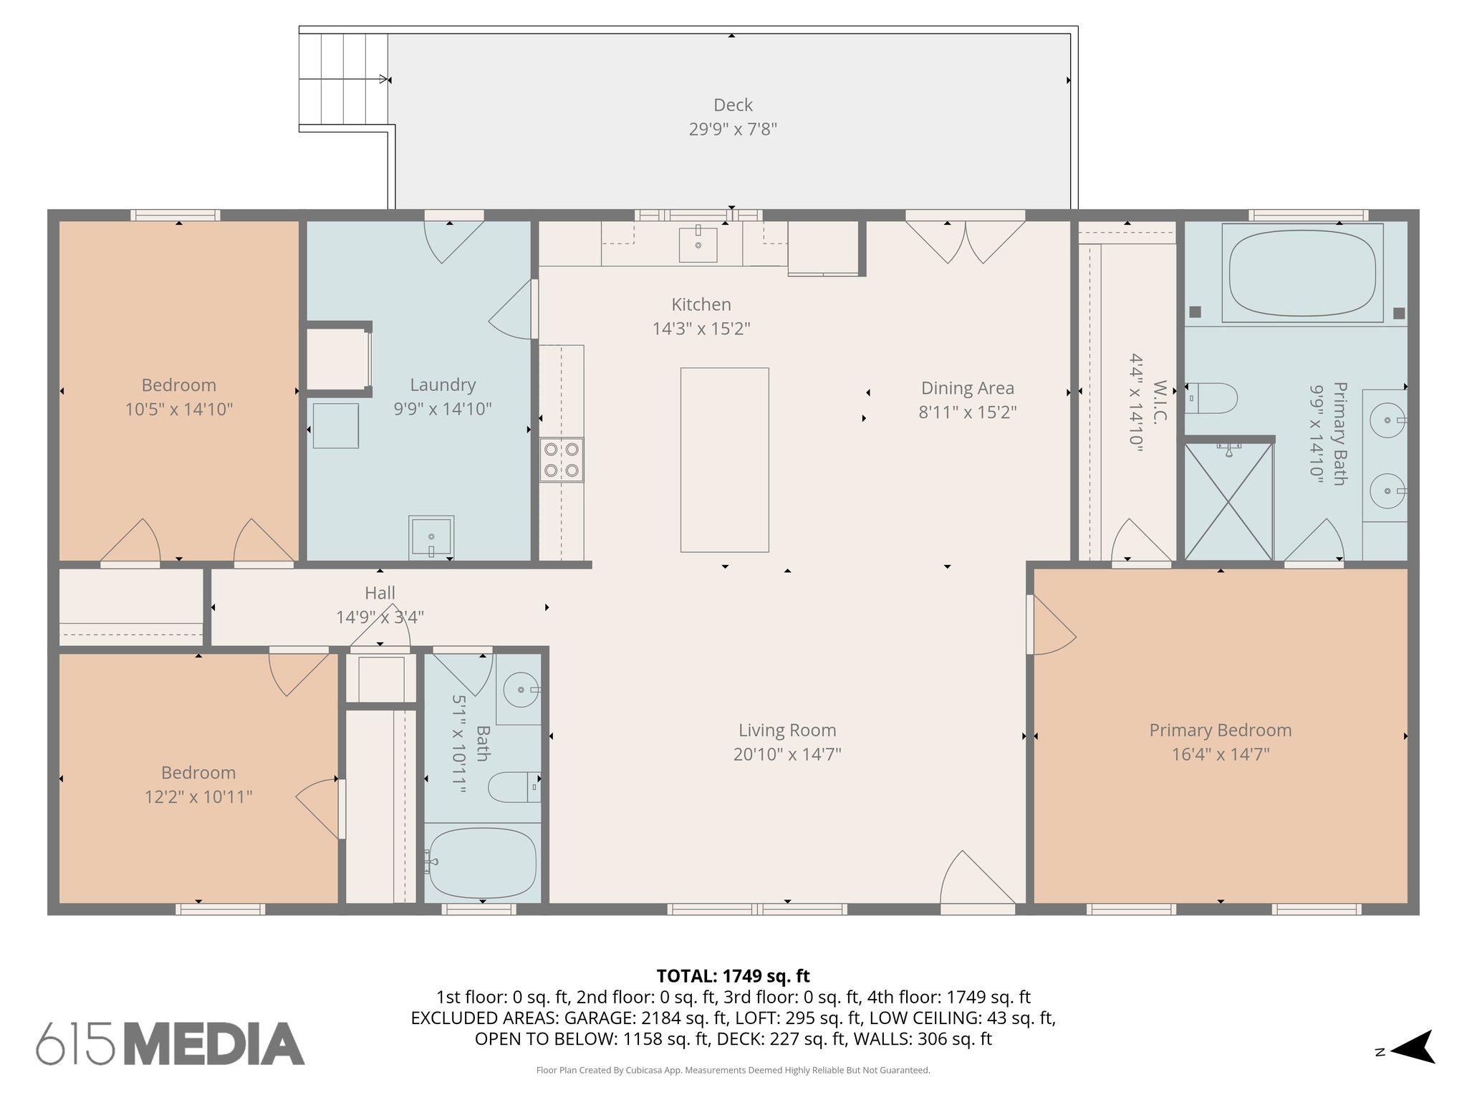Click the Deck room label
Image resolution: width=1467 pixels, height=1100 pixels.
(733, 105)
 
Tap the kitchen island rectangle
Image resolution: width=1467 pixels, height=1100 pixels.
(724, 460)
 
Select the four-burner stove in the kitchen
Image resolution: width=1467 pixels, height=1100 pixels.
(562, 460)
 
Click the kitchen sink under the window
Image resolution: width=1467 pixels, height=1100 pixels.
(698, 245)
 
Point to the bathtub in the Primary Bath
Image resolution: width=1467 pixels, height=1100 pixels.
(1302, 272)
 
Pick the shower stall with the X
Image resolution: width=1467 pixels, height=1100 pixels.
(1228, 501)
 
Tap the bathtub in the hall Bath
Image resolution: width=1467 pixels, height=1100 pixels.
(481, 863)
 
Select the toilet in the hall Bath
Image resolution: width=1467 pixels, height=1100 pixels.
(513, 787)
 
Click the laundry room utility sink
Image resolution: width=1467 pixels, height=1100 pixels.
(431, 537)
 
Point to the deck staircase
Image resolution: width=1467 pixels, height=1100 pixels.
(343, 79)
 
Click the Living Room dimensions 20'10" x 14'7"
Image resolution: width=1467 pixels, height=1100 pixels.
(787, 754)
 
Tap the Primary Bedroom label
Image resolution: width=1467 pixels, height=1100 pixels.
(1220, 730)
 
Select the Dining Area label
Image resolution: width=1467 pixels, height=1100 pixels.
(967, 388)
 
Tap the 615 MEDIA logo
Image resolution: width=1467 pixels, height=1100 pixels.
(170, 1043)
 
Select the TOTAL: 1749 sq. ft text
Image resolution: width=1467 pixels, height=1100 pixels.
(733, 976)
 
